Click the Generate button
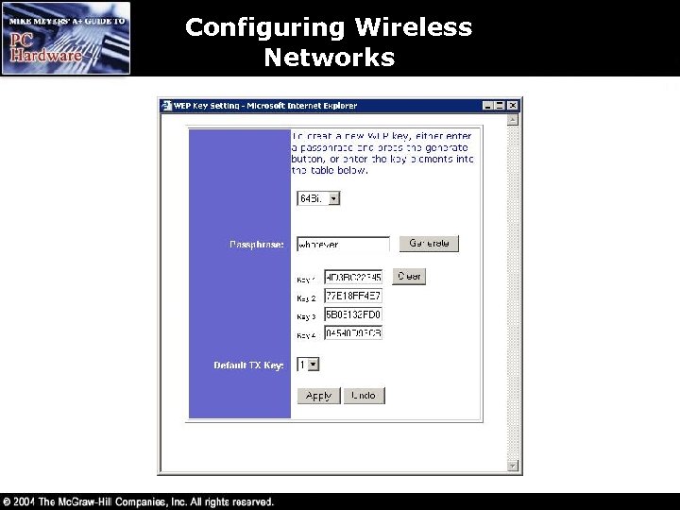tap(429, 244)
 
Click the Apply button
tap(318, 396)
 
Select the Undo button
tap(365, 396)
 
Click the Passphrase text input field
tap(343, 245)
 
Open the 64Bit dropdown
tap(318, 198)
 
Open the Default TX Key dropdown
tap(308, 365)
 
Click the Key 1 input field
tap(353, 277)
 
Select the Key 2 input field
tap(353, 296)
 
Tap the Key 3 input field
tap(353, 314)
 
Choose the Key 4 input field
tap(353, 333)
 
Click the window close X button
tap(513, 106)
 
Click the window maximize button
tap(501, 106)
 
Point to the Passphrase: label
tap(256, 245)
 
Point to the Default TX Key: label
tap(248, 365)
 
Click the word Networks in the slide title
tap(329, 58)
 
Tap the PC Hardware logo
tap(65, 39)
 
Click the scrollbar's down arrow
tap(514, 466)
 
